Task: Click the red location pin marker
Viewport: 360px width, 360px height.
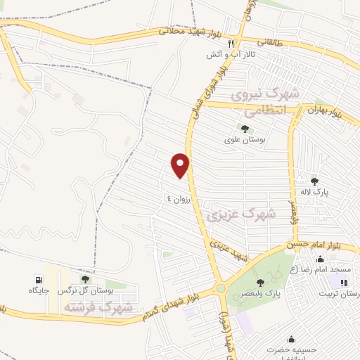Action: (x=181, y=165)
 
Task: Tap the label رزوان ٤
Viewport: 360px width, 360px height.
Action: (x=179, y=198)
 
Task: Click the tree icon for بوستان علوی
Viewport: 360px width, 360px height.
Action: (x=245, y=129)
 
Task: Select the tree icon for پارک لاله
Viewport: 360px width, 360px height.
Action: (x=314, y=181)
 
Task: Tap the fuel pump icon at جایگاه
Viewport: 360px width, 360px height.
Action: (x=38, y=279)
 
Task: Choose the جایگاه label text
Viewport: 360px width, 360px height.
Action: (x=37, y=290)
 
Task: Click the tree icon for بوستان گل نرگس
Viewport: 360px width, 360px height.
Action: (x=85, y=279)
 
